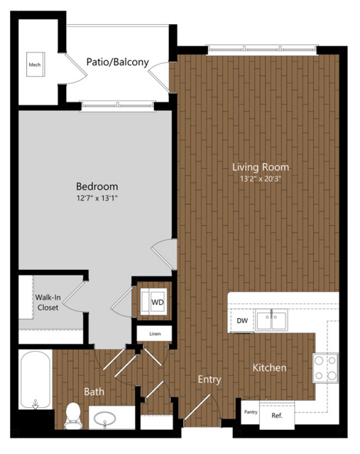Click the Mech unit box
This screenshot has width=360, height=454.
[x=36, y=64]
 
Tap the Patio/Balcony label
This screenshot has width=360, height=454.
[x=117, y=62]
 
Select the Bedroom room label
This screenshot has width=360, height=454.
[x=97, y=186]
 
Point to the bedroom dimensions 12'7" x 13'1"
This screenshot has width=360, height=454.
[x=97, y=198]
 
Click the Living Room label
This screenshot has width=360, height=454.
[x=261, y=167]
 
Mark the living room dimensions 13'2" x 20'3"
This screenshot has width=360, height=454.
[x=261, y=178]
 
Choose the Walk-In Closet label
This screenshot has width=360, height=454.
[x=48, y=302]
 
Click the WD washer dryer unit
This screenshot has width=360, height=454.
[x=153, y=302]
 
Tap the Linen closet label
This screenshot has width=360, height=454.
[x=155, y=334]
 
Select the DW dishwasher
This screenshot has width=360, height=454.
[x=242, y=321]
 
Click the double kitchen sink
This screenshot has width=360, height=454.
[x=271, y=320]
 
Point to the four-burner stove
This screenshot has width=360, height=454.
[x=325, y=368]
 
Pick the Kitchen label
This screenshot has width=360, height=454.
[x=269, y=368]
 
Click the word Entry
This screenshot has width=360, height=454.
[x=209, y=379]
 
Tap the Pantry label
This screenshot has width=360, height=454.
[x=251, y=412]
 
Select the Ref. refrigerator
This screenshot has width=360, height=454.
[x=277, y=415]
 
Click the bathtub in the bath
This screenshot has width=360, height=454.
[x=36, y=380]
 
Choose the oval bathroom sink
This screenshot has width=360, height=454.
[x=105, y=418]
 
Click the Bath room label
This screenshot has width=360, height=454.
[x=94, y=391]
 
